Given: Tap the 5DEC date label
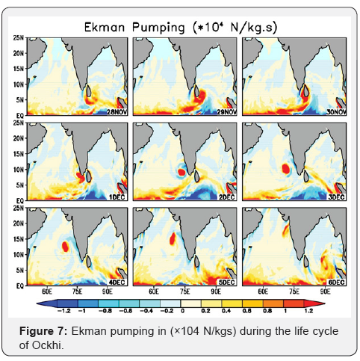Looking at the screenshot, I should coord(226,282).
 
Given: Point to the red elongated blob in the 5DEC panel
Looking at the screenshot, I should coord(173,239).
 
